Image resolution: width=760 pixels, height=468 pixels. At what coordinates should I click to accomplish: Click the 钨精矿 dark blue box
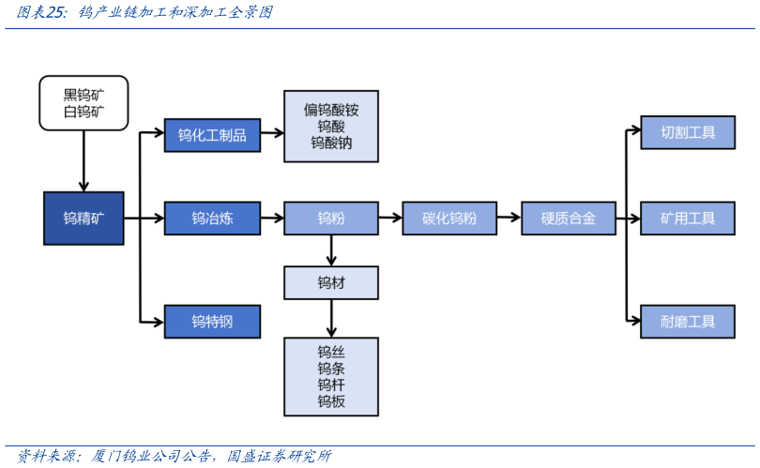pyautogui.click(x=84, y=219)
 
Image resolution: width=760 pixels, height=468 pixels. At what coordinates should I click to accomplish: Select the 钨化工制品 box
pyautogui.click(x=212, y=135)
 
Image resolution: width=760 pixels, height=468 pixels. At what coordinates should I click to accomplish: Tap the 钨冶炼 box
pyautogui.click(x=212, y=219)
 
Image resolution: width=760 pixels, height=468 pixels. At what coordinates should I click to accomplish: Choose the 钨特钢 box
pyautogui.click(x=212, y=322)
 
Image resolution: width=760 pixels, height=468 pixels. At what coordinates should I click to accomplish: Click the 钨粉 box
pyautogui.click(x=330, y=219)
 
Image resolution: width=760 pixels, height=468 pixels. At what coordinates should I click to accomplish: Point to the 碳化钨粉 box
pyautogui.click(x=449, y=219)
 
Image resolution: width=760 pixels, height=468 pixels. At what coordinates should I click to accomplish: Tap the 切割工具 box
pyautogui.click(x=687, y=133)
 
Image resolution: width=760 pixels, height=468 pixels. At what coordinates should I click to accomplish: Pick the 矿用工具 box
pyautogui.click(x=687, y=219)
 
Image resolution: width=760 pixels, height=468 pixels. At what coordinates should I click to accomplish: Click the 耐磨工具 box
pyautogui.click(x=687, y=322)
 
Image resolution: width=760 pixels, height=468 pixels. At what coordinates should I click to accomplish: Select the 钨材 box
pyautogui.click(x=330, y=282)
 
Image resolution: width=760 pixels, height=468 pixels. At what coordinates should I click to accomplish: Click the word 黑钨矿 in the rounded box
pyautogui.click(x=84, y=94)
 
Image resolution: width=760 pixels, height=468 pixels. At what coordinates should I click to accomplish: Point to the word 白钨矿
pyautogui.click(x=84, y=113)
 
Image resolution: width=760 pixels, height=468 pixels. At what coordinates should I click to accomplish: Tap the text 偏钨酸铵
pyautogui.click(x=330, y=110)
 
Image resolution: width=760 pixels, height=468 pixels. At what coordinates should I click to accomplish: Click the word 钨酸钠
pyautogui.click(x=330, y=143)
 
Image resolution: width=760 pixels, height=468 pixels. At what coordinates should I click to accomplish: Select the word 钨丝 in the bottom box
pyautogui.click(x=330, y=352)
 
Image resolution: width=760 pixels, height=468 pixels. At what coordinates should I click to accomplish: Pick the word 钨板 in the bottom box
pyautogui.click(x=330, y=401)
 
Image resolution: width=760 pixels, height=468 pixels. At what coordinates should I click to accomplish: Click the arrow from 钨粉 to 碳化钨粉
pyautogui.click(x=389, y=218)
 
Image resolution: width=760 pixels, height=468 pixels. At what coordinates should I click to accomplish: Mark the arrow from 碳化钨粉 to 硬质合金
pyautogui.click(x=509, y=218)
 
